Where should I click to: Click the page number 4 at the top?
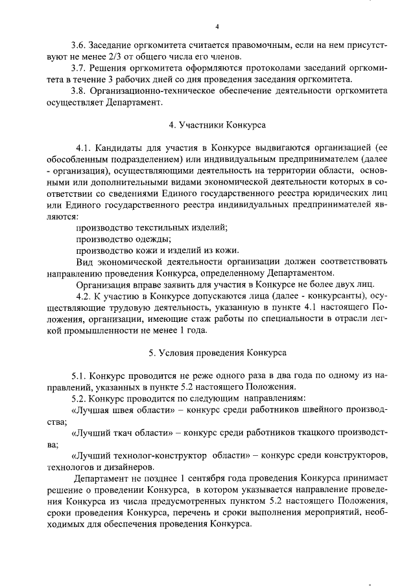(217, 27)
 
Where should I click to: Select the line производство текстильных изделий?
(152, 228)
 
